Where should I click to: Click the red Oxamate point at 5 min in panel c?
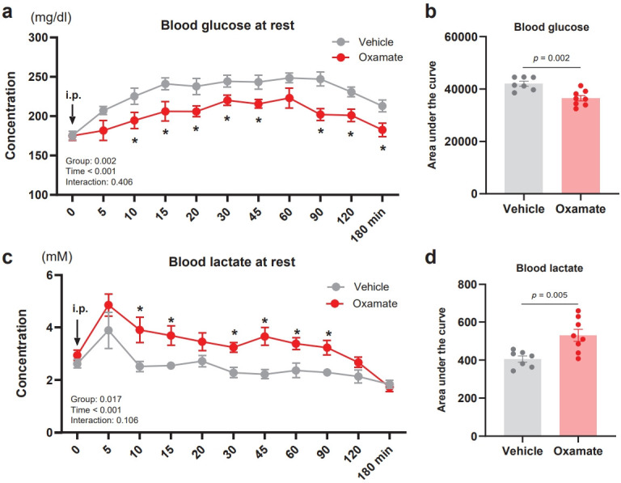pyautogui.click(x=108, y=305)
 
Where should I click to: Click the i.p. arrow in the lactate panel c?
pyautogui.click(x=78, y=333)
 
